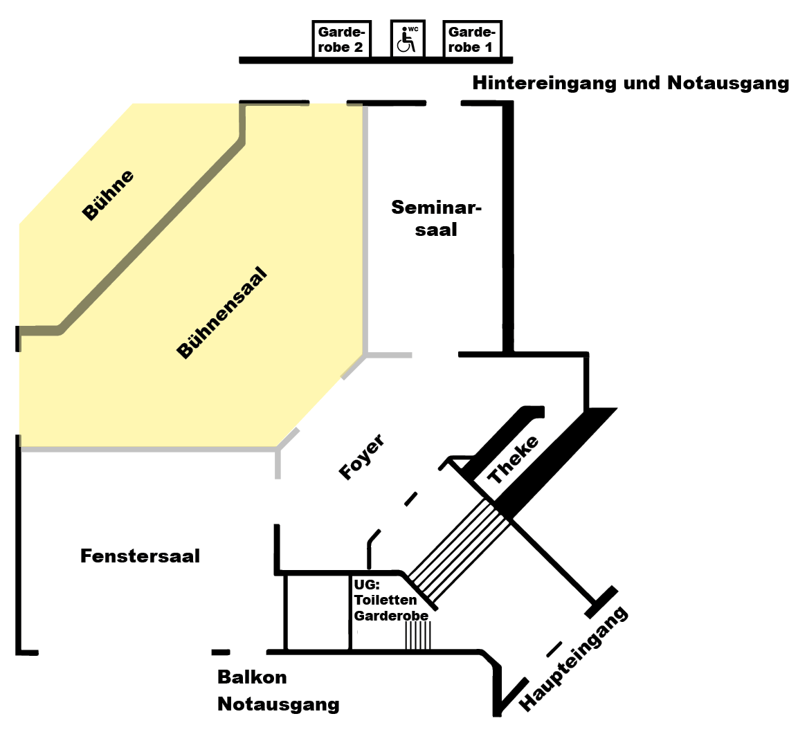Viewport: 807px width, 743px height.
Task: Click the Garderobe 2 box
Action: (341, 39)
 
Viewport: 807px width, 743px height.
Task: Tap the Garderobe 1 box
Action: (471, 39)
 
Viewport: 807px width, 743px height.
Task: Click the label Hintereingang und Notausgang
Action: (631, 83)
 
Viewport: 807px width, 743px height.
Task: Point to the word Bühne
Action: (108, 195)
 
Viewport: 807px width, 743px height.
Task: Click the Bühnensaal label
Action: (221, 312)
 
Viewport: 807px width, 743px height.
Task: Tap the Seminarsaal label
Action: (436, 218)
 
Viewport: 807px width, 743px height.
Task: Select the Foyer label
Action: (361, 457)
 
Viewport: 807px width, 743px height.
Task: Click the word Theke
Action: (513, 460)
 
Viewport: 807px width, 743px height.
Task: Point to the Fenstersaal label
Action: (140, 556)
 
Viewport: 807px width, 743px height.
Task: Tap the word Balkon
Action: (252, 677)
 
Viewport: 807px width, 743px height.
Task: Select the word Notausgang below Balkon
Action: (278, 704)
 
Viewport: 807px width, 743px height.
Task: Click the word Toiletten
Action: (386, 600)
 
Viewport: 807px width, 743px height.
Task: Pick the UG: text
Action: (367, 585)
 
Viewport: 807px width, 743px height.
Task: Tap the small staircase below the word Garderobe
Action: (418, 635)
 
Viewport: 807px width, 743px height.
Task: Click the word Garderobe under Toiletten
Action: (391, 616)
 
